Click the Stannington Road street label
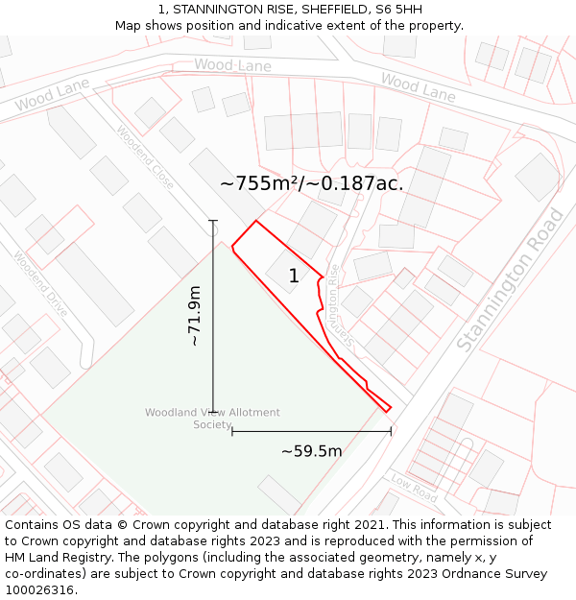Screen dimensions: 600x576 tap(510, 279)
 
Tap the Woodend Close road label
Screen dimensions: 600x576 tap(145, 156)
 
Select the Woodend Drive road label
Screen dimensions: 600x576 tap(40, 284)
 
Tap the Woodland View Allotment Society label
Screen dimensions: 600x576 tap(212, 419)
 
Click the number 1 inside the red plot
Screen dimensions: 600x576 tap(294, 276)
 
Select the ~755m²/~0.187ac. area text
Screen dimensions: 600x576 tap(311, 183)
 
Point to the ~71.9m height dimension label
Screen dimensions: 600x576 tap(194, 316)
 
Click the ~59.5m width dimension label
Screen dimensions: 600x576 tap(311, 451)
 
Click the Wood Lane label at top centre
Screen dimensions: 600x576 tap(232, 65)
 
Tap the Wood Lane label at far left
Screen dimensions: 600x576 tap(52, 96)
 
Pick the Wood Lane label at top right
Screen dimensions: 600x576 tap(418, 87)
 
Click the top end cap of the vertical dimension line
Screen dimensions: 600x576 tap(213, 221)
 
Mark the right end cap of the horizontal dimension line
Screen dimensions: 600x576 tap(391, 431)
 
